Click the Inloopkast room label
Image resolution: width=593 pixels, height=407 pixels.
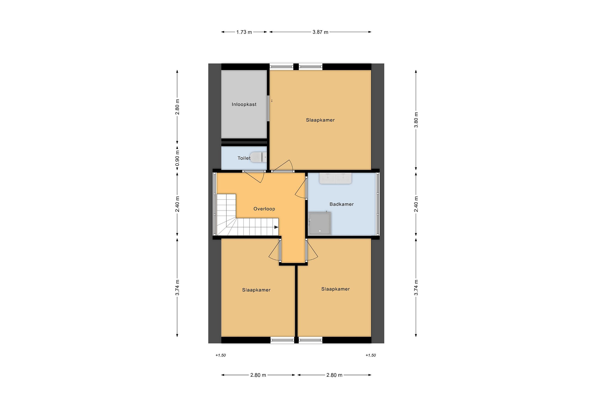coord(244,104)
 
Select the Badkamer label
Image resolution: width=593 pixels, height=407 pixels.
coord(341,204)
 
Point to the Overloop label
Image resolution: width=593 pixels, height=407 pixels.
coord(264,209)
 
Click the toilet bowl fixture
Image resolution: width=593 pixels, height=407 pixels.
coord(258,157)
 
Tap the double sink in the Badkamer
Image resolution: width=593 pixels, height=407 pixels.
coord(335,178)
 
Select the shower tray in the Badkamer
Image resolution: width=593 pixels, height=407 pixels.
coord(320,223)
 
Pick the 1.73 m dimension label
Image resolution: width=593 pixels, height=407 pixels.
coord(244,32)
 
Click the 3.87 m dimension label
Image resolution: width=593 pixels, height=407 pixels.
coord(320,32)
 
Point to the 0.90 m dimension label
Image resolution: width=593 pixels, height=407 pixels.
coord(177,158)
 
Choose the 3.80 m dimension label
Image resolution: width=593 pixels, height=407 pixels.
coord(416,120)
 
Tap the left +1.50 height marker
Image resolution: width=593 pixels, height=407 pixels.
coord(221,355)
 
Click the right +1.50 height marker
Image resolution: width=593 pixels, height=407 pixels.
coord(370,355)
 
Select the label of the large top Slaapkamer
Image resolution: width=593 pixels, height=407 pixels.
coord(320,120)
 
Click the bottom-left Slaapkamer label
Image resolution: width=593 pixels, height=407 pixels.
coord(256,290)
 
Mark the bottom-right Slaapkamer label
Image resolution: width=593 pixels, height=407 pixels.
coord(335,289)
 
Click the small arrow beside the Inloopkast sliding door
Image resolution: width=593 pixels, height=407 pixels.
coord(272,101)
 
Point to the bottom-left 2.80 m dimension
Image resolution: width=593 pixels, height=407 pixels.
coord(258,375)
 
